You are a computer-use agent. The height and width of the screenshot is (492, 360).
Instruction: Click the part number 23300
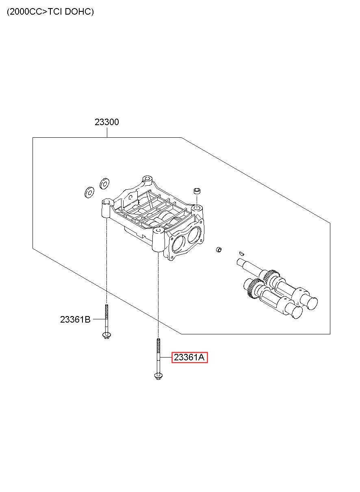click(107, 122)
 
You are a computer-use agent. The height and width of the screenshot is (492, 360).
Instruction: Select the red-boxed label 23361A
click(189, 358)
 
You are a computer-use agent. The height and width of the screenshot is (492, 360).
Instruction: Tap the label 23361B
click(75, 319)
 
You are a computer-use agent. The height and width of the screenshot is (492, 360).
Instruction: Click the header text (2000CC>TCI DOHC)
click(50, 12)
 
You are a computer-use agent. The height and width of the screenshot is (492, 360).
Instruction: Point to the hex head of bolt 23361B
click(106, 336)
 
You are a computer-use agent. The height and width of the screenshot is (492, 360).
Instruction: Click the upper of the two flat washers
click(104, 183)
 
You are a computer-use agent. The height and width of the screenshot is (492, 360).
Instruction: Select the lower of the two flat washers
click(89, 193)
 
